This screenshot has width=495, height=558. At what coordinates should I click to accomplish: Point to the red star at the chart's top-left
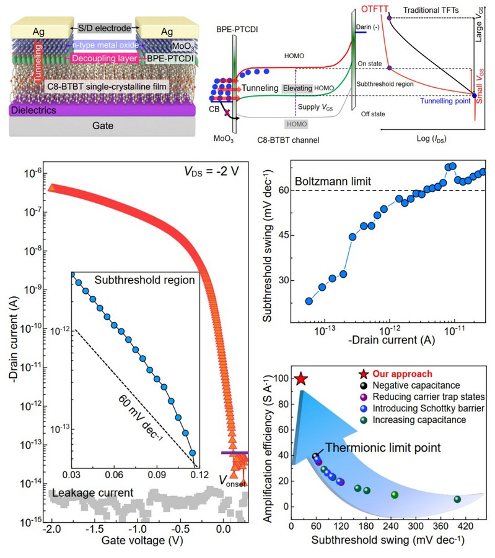point(300,379)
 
